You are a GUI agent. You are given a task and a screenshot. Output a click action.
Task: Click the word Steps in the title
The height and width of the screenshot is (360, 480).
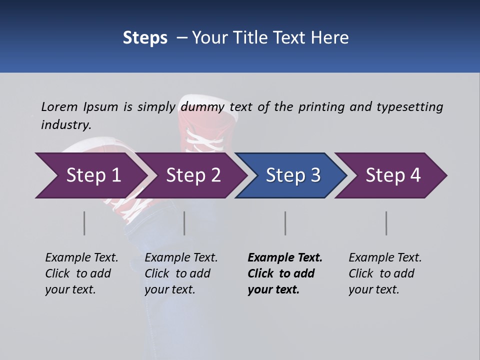(145, 38)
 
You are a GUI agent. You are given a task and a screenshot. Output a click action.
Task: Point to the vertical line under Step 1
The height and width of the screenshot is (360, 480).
(84, 223)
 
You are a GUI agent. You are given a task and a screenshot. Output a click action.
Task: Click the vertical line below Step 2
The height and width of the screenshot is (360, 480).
(184, 223)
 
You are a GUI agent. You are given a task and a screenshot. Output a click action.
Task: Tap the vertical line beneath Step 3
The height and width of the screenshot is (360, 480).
(285, 223)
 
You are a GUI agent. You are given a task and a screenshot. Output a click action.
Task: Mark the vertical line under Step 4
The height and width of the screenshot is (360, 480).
(386, 223)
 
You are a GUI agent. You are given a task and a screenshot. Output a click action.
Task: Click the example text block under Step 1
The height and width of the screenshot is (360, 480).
(81, 273)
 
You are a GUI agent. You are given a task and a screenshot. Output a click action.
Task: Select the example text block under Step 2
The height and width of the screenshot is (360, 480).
(181, 273)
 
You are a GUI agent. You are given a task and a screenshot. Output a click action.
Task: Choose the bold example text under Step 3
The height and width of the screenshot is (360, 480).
(285, 273)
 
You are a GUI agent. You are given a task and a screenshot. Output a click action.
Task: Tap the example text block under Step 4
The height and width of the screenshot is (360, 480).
(385, 273)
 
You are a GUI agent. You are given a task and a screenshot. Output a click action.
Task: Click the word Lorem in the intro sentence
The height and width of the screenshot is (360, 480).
(59, 107)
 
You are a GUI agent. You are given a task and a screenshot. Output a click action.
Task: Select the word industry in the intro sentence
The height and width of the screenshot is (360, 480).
(66, 125)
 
